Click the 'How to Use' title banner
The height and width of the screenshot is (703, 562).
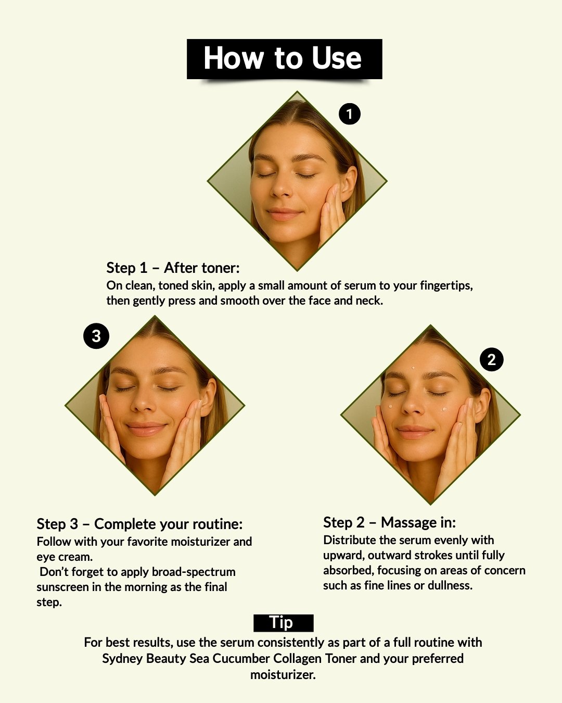[x=284, y=59]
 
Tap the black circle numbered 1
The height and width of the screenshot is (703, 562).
[x=349, y=114]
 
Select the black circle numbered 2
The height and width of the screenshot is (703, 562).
[x=491, y=359]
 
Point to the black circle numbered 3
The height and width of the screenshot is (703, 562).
[x=96, y=336]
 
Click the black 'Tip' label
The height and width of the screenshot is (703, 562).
[x=284, y=623]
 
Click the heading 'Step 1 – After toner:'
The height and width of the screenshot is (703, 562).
[x=173, y=268]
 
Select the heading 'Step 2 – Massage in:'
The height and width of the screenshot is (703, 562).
[x=389, y=522]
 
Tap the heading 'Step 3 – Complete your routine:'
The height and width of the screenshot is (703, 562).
[x=140, y=524]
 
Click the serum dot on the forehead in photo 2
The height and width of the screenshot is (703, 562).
[x=413, y=368]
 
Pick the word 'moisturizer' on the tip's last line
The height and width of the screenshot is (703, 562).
[x=282, y=674]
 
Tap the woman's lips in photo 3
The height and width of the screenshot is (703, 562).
[x=146, y=429]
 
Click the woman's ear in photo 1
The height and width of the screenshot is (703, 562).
[x=348, y=184]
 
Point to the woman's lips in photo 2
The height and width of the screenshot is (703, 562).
[x=414, y=432]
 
